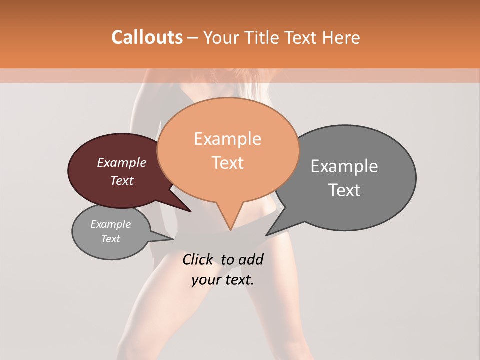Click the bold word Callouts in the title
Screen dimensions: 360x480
(147, 37)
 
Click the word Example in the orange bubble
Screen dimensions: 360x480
(227, 139)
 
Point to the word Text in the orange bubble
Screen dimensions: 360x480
(227, 163)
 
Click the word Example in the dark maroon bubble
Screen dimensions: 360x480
(121, 162)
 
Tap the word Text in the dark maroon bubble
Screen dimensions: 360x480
(121, 180)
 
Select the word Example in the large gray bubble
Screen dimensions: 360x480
(344, 166)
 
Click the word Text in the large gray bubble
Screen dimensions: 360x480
(344, 190)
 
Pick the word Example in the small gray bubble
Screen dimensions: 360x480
(110, 224)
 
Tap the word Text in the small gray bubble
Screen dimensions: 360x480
(110, 239)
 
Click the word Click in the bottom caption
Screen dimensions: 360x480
(198, 259)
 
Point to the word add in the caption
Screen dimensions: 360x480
(250, 259)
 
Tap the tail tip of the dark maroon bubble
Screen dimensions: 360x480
(190, 211)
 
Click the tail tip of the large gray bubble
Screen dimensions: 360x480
(267, 235)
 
